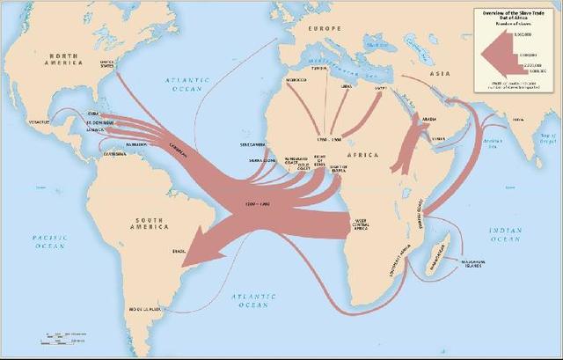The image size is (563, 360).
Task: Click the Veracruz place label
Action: [x=39, y=121]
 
